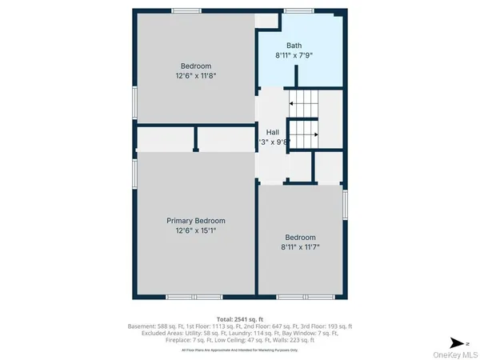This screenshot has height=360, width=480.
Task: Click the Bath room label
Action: (x=294, y=46)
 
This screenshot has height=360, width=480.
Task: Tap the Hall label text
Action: (x=273, y=132)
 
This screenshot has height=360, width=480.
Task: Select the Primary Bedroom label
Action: (x=196, y=221)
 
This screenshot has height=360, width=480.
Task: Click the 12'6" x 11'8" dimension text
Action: (x=196, y=75)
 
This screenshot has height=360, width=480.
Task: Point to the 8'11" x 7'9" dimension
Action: (x=294, y=56)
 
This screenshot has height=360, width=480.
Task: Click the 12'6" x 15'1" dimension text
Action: (x=196, y=230)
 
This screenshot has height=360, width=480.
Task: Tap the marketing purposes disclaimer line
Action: (x=240, y=350)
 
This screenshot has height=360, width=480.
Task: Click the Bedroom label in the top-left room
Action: (x=196, y=66)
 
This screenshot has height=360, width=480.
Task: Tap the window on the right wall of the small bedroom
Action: (x=345, y=203)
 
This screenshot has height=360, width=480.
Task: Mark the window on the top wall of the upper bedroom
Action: (x=185, y=10)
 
